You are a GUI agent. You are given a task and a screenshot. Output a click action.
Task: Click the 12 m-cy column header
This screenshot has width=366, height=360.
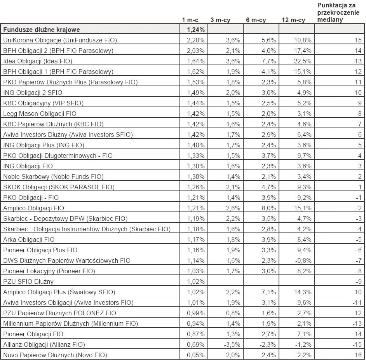coord(293,20)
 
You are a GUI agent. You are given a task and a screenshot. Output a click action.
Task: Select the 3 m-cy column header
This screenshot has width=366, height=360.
coord(220,20)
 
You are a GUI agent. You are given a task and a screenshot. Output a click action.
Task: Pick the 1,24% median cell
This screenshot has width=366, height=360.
coord(196,30)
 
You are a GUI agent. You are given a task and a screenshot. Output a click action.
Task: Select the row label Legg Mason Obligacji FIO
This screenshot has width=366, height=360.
coord(40,114)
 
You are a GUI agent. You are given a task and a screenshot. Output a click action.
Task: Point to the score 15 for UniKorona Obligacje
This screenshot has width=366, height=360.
coord(358,40)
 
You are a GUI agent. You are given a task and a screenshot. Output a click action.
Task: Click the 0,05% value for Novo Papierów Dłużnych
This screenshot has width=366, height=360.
coord(196,355)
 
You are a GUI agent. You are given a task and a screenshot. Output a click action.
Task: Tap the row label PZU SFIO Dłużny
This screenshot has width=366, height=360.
coord(28,281)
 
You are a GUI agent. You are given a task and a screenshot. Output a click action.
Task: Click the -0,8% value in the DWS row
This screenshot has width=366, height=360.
coord(303,260)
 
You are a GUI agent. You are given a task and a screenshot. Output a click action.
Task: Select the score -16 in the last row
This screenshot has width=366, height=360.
coord(357,355)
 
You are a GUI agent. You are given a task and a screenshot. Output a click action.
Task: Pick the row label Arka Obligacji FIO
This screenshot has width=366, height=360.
coord(29,239)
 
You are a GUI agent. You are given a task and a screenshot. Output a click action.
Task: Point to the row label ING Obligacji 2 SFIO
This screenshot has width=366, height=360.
coord(33,93)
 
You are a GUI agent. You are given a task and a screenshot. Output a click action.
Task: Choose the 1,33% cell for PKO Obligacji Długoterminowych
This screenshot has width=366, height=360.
coord(196,156)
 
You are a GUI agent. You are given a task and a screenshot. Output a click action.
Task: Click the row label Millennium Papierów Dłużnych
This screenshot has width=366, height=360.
coord(70,323)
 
